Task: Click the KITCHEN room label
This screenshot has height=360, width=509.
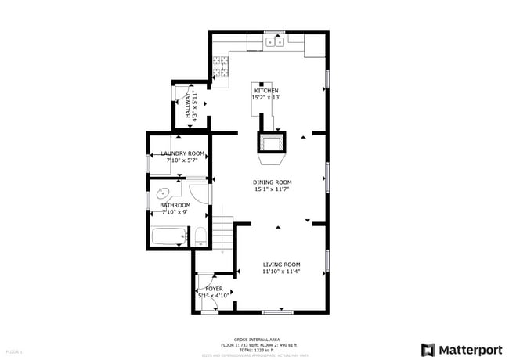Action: click(265, 91)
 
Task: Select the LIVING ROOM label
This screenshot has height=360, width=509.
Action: click(281, 265)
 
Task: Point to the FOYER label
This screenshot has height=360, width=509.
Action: click(214, 289)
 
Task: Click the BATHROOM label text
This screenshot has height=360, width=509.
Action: click(175, 205)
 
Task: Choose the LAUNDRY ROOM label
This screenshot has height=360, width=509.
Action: click(182, 153)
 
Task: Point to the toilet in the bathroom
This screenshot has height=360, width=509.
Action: click(200, 236)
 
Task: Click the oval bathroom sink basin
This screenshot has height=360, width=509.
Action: click(165, 193)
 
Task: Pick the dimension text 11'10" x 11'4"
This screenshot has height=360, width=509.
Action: click(281, 272)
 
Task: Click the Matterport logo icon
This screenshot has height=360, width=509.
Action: click(428, 349)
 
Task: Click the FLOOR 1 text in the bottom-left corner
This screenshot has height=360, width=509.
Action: click(14, 352)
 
